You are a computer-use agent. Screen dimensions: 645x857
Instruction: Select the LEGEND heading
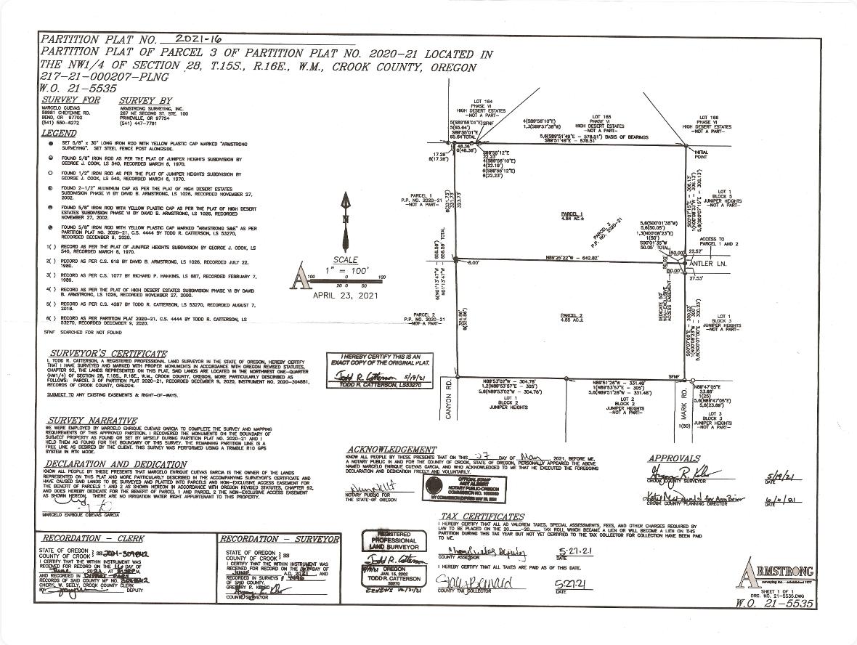tap(58, 134)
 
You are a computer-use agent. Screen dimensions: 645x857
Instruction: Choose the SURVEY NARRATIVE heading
tap(92, 421)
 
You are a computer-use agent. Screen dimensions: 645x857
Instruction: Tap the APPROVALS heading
tap(673, 458)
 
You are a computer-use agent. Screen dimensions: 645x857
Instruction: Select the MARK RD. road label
tap(683, 401)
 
